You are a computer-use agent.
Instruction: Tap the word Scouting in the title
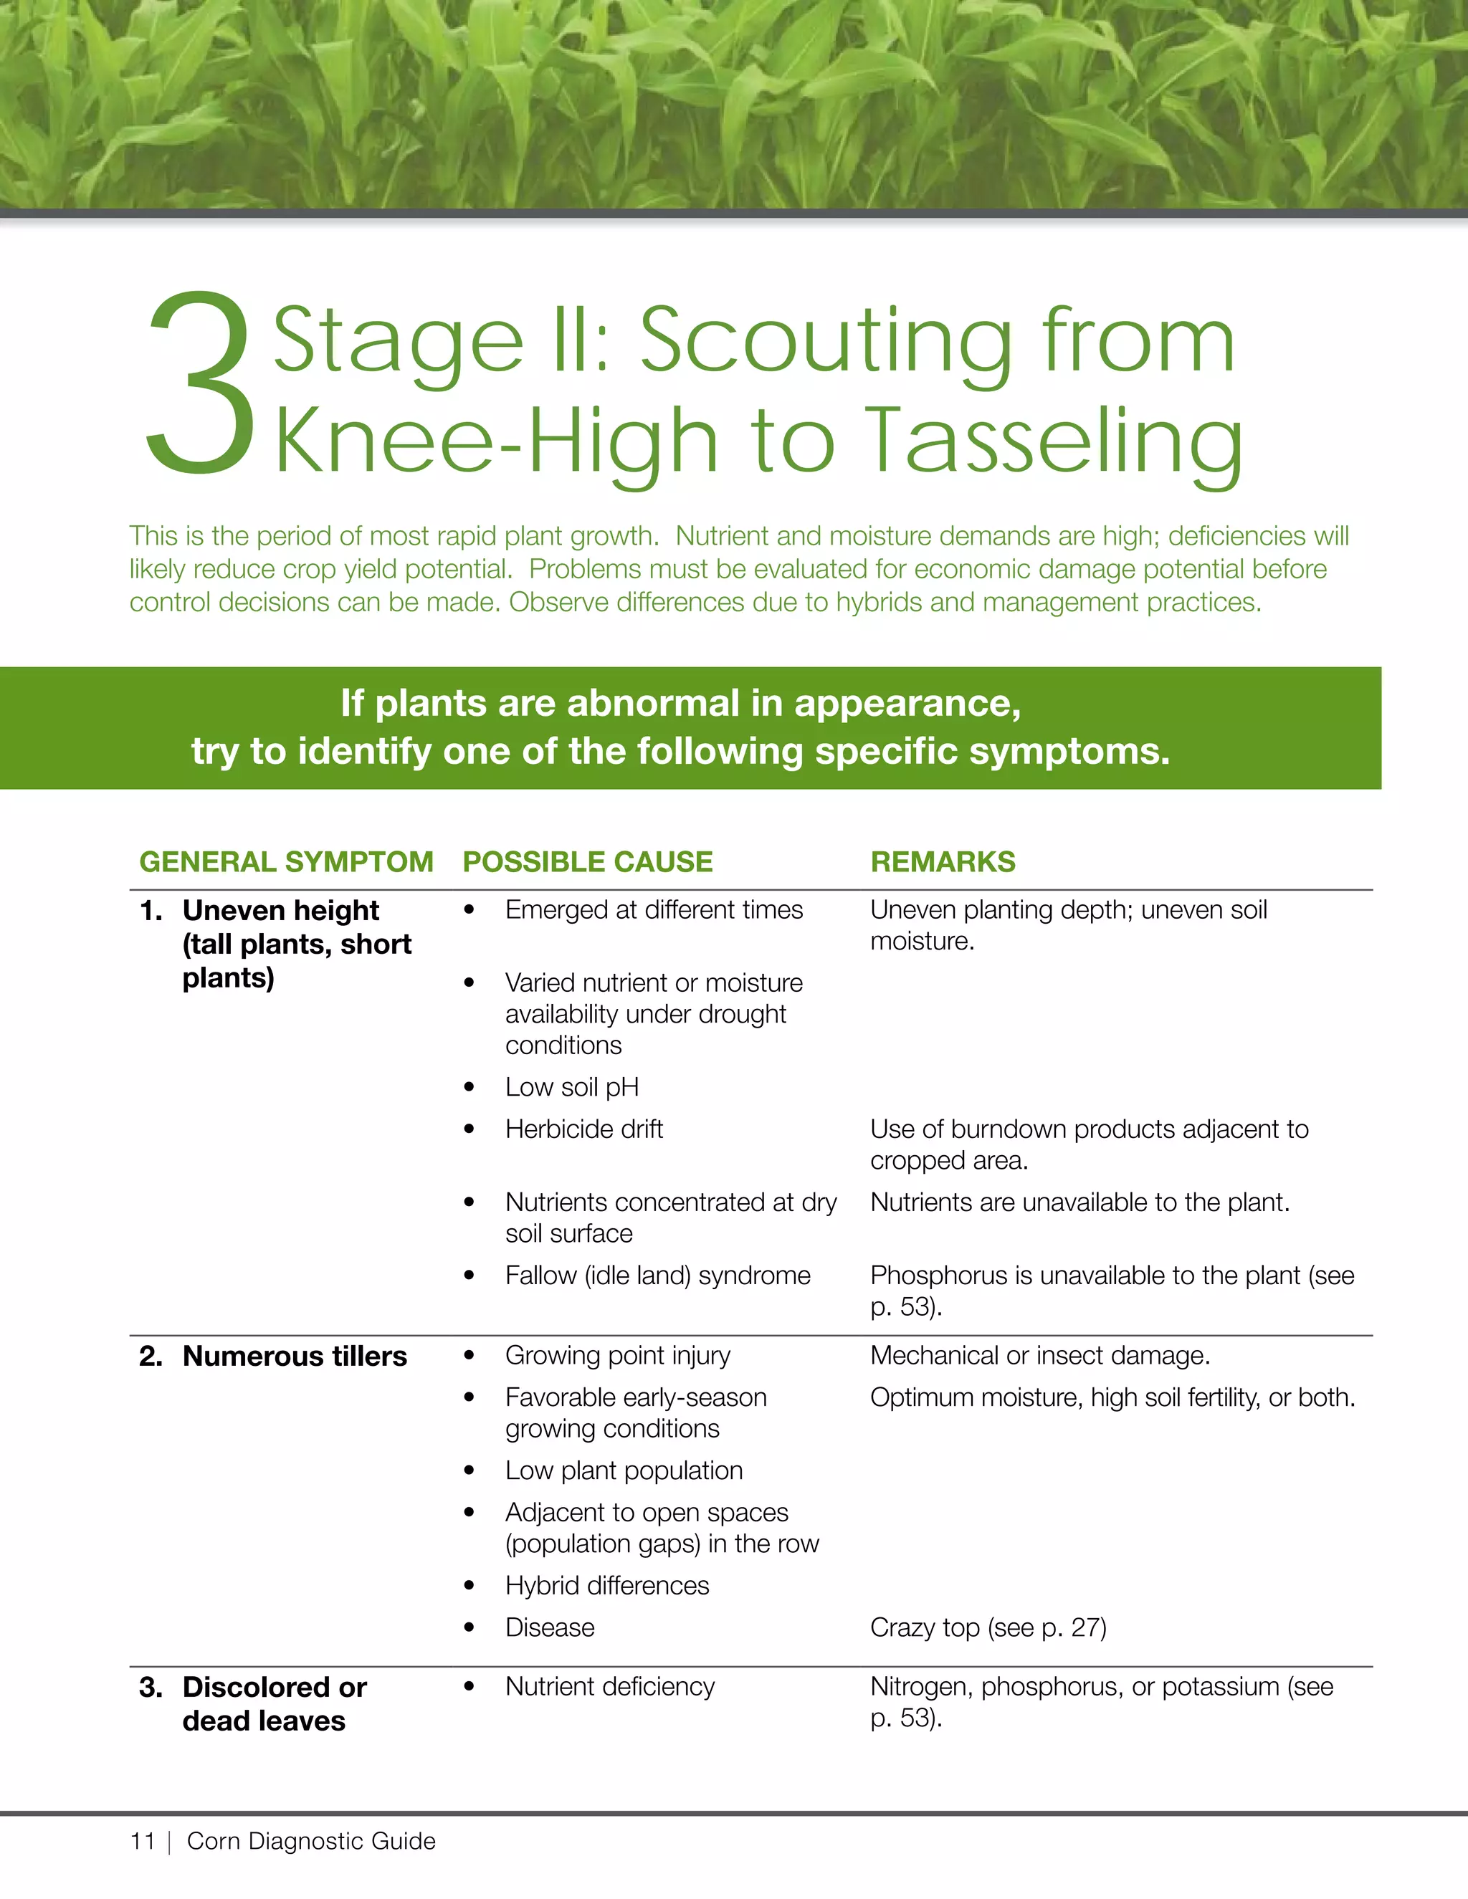point(827,343)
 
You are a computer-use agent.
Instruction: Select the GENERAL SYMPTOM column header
point(286,861)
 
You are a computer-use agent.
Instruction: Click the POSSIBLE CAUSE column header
point(588,861)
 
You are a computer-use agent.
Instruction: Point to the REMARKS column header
point(943,861)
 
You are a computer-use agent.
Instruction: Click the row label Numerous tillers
point(295,1356)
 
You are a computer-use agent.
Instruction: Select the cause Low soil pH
point(572,1087)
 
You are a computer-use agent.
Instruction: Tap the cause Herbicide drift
point(584,1129)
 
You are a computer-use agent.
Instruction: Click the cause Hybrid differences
point(607,1585)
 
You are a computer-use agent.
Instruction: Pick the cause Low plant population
point(624,1470)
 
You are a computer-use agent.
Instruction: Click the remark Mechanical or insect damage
point(1040,1356)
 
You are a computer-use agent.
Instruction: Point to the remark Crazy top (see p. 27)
point(988,1627)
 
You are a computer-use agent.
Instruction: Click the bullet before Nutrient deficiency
point(470,1687)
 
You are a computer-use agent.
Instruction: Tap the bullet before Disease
point(470,1627)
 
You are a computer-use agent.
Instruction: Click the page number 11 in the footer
point(143,1841)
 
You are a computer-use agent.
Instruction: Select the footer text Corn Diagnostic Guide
point(311,1841)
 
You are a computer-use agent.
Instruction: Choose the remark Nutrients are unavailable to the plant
point(1080,1202)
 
